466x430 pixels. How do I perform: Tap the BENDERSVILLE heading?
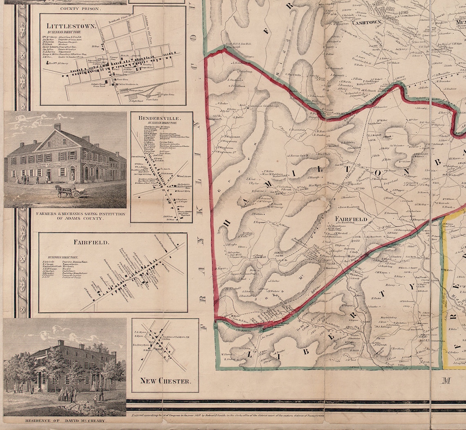(161, 118)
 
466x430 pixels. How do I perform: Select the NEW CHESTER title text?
(165, 381)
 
